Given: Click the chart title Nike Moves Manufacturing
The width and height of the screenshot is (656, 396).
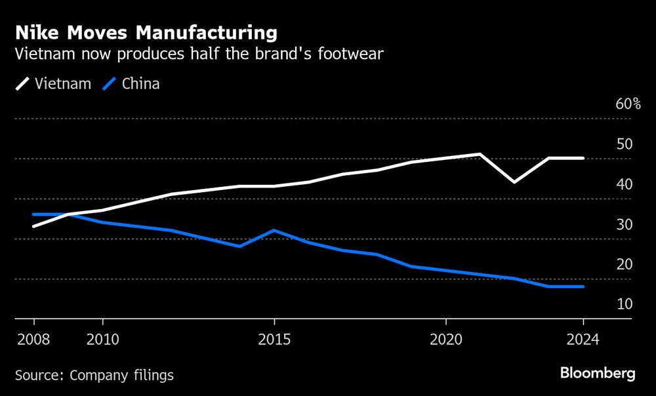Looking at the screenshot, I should point(146,32).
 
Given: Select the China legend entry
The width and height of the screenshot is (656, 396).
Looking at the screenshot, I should point(131,84).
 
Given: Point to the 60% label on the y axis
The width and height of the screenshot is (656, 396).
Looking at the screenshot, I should point(628,104).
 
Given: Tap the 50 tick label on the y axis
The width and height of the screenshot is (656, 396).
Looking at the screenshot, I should point(624,144).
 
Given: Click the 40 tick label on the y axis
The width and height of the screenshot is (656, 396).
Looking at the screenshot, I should point(624,184).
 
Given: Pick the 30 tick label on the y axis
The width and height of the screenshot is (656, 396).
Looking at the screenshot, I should point(624,224).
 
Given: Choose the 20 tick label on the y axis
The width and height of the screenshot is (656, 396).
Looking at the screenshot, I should point(624,264).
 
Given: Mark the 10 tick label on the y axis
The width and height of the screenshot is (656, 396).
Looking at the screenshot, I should point(624,304).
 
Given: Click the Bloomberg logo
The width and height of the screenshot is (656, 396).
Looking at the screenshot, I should point(598,374).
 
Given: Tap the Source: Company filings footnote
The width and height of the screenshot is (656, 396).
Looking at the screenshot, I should point(94,375).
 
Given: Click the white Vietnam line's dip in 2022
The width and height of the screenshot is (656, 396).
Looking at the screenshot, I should point(514,182).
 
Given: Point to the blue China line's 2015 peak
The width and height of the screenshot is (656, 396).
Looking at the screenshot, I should point(274,231).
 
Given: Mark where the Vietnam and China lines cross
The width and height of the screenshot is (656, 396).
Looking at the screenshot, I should point(66,214).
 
